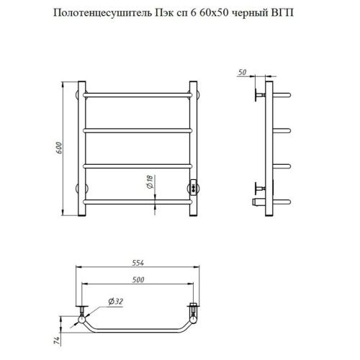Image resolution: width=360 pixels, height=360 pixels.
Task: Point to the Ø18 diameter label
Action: [x=148, y=183]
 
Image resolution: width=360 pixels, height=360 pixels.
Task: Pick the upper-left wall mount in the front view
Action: [x=78, y=93]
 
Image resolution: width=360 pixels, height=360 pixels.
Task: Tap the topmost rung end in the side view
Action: [x=284, y=93]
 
